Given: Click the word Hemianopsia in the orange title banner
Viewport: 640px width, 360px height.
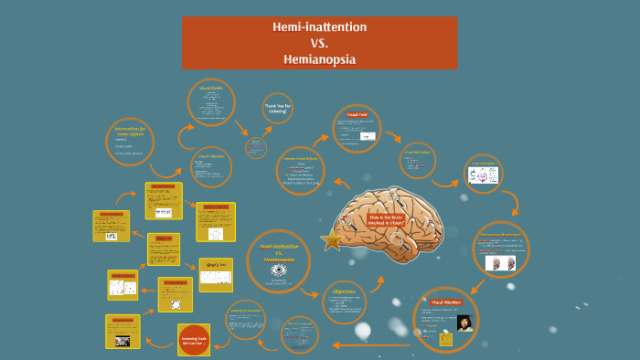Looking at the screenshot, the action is pyautogui.click(x=319, y=59).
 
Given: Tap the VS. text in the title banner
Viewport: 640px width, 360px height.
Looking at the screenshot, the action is pyautogui.click(x=319, y=43).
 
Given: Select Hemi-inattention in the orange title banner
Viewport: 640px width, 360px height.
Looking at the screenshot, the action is pyautogui.click(x=319, y=27).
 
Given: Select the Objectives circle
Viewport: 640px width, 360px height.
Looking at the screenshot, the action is pyautogui.click(x=346, y=304).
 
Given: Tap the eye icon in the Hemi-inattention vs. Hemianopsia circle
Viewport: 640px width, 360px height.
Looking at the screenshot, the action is pyautogui.click(x=280, y=270).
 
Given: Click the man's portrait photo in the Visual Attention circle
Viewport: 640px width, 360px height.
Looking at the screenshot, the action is pyautogui.click(x=464, y=323).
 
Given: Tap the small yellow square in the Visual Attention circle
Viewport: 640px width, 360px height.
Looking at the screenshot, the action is pyautogui.click(x=447, y=340).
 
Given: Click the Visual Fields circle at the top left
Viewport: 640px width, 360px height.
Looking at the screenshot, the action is pyautogui.click(x=211, y=102).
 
